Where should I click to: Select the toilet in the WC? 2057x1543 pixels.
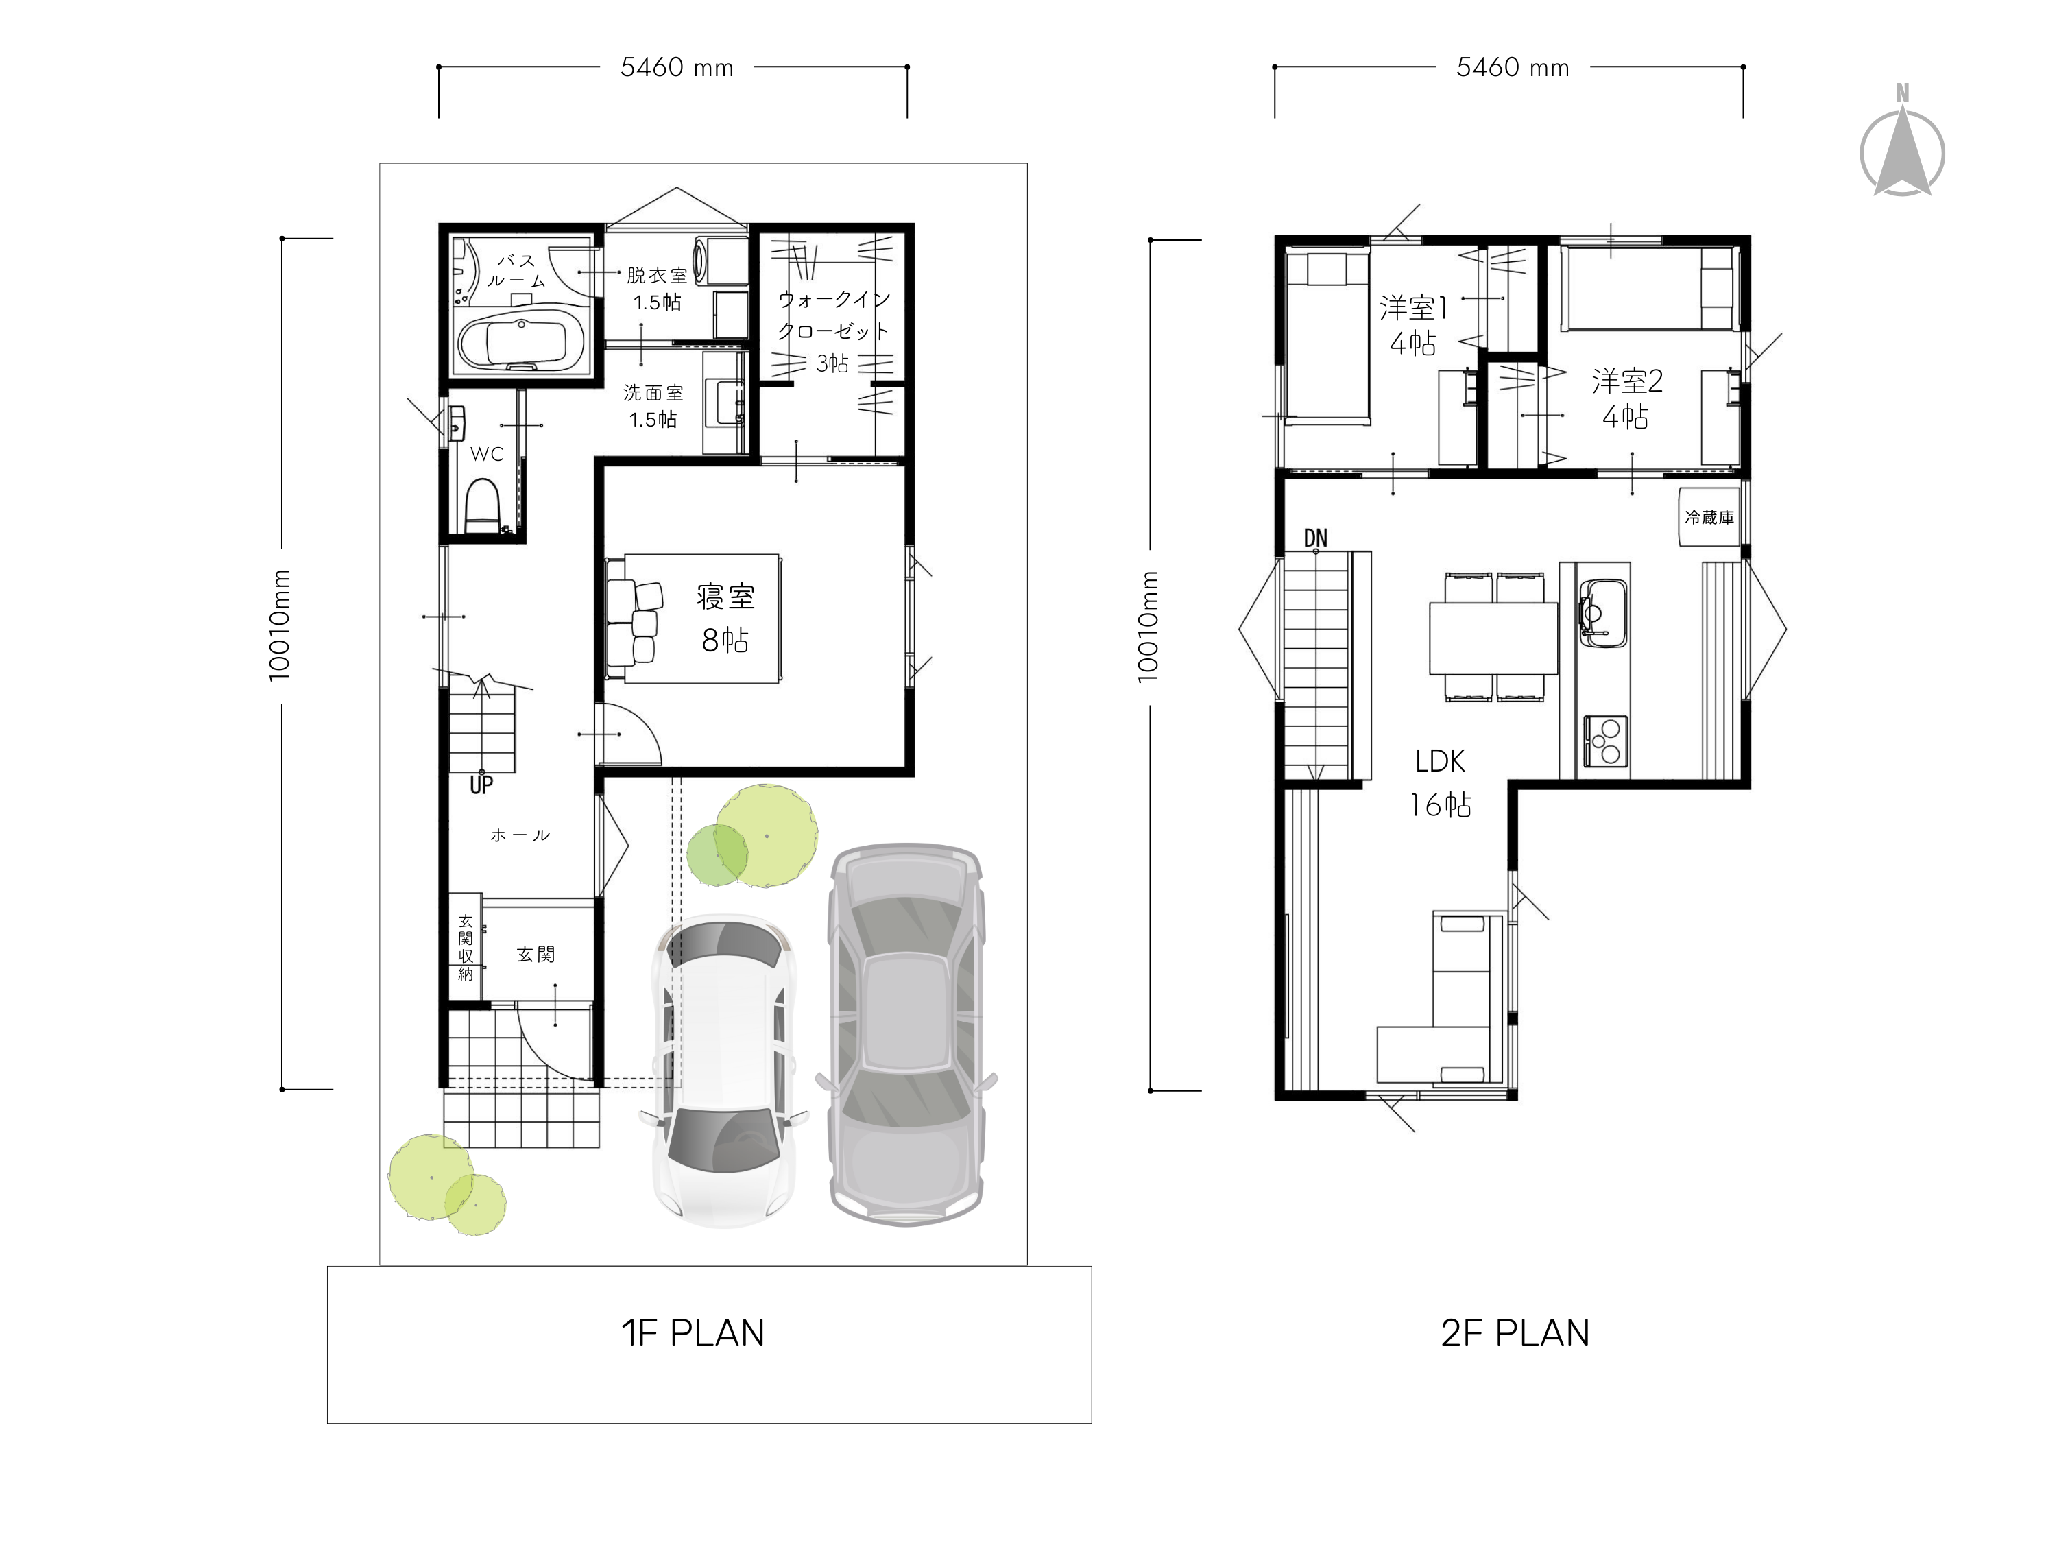click(483, 504)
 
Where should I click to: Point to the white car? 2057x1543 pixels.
click(726, 1070)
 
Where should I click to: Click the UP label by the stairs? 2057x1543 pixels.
click(481, 785)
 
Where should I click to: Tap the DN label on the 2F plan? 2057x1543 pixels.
click(1316, 538)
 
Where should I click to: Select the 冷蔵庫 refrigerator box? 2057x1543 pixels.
click(1709, 517)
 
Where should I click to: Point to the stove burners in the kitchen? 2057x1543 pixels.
click(1605, 741)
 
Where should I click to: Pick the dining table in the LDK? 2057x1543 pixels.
click(1493, 638)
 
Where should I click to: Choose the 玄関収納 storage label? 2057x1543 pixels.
click(465, 948)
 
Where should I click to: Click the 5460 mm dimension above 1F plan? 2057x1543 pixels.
click(677, 67)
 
